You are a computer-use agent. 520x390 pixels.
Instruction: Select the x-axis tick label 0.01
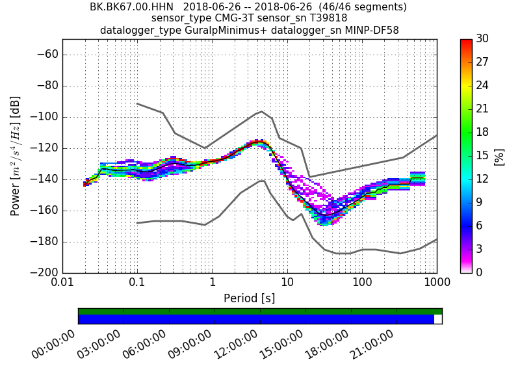(62, 283)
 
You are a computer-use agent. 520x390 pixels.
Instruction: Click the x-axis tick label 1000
(436, 283)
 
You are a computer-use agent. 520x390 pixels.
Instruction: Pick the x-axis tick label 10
(287, 283)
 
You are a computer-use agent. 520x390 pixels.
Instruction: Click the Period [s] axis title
(249, 298)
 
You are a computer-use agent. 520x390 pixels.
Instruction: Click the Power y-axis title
(16, 156)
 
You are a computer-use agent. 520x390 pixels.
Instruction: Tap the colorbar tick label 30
(483, 39)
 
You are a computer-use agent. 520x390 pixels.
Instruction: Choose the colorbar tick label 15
(483, 155)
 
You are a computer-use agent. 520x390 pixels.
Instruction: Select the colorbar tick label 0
(480, 272)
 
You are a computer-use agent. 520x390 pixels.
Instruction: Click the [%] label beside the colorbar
(499, 156)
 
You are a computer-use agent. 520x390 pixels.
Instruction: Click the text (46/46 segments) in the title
(357, 7)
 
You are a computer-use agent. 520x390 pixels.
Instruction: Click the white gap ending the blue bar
(437, 319)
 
